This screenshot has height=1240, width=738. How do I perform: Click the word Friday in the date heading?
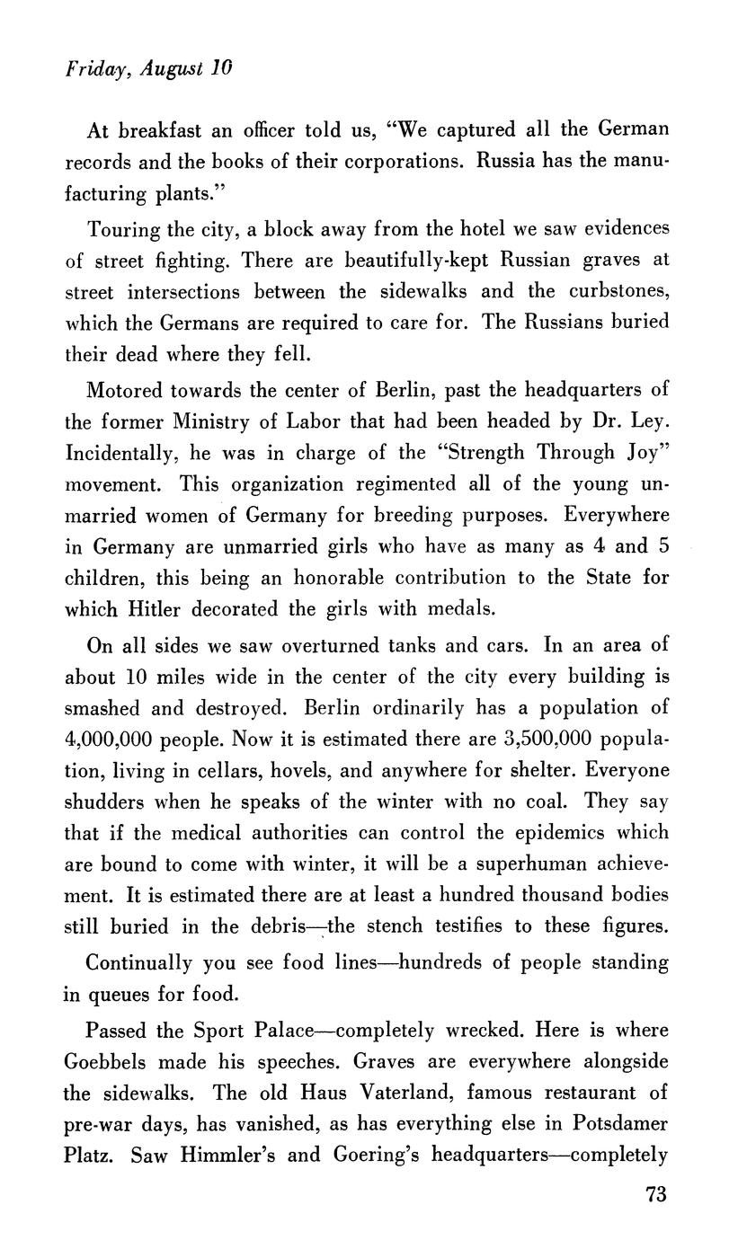click(90, 69)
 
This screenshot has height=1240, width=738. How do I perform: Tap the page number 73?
click(656, 1194)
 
